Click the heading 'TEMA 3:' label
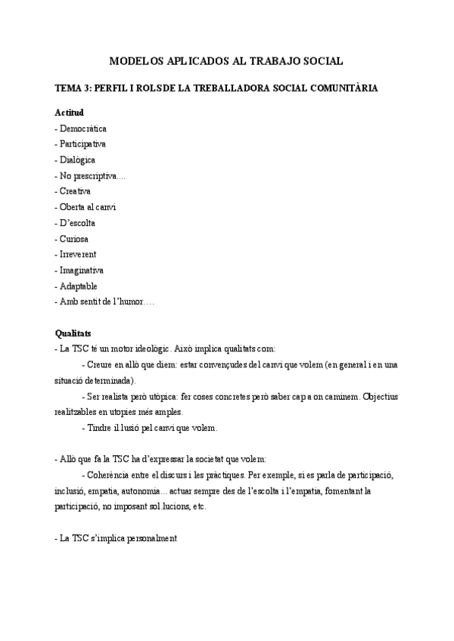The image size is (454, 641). click(73, 88)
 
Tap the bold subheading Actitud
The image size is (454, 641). click(69, 113)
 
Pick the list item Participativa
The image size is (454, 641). click(83, 144)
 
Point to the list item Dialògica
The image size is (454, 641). click(78, 159)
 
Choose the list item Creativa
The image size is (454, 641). click(75, 191)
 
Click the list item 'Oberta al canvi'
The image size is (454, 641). click(88, 207)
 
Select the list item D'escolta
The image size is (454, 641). click(78, 223)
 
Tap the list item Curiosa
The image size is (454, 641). click(75, 239)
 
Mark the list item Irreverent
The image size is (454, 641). click(79, 254)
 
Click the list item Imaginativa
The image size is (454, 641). click(82, 270)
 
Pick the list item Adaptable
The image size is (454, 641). click(79, 286)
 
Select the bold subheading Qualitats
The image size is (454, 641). click(73, 333)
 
